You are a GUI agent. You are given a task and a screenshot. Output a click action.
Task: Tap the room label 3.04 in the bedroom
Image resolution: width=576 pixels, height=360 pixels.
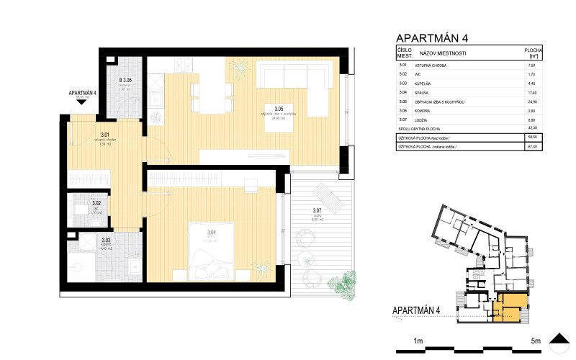[x=211, y=232]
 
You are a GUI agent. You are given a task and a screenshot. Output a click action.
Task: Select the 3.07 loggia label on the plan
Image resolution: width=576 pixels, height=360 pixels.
[x=317, y=211]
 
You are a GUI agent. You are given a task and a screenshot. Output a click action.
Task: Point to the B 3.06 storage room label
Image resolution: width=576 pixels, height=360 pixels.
[x=124, y=81]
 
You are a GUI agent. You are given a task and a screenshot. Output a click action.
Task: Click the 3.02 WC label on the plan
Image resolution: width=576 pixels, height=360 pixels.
[x=96, y=204]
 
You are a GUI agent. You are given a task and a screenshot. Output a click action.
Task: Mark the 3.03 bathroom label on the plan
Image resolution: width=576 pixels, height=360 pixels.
[x=106, y=240]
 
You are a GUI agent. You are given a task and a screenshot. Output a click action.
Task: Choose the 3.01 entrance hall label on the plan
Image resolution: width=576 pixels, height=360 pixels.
[x=104, y=135]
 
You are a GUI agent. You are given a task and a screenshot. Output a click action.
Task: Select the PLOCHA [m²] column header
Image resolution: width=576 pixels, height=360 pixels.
[x=534, y=53]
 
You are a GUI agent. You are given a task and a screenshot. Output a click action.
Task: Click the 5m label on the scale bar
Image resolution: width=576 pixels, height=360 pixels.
[x=535, y=339]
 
